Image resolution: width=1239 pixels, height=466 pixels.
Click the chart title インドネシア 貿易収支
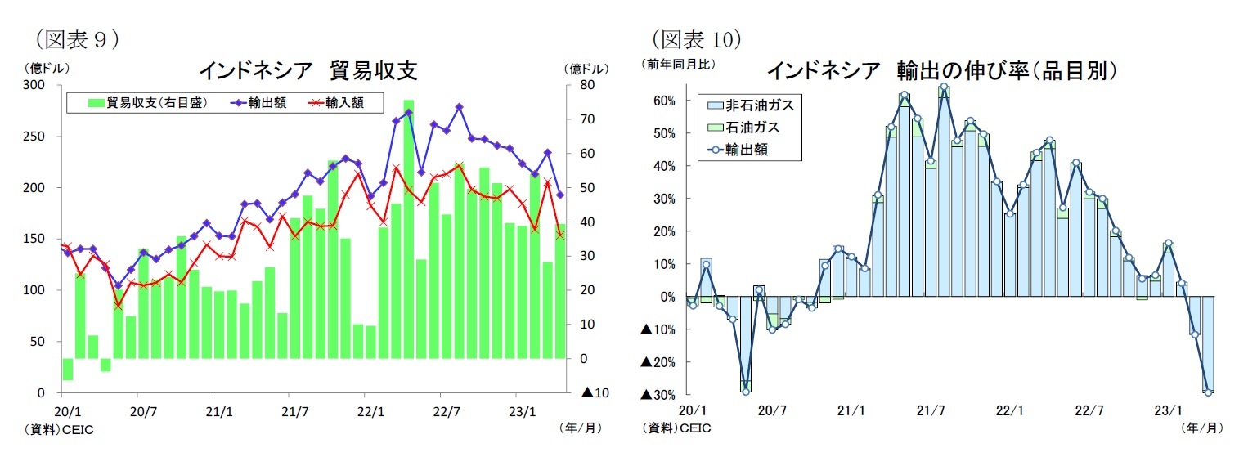(x=308, y=71)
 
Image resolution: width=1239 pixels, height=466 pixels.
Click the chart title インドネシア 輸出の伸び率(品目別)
(x=941, y=70)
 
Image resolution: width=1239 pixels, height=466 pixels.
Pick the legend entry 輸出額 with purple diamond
(x=260, y=102)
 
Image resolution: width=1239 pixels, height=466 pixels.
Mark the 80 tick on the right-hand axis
(x=586, y=85)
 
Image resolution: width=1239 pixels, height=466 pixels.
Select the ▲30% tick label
(x=657, y=395)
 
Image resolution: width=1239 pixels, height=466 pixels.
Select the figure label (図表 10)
(x=696, y=38)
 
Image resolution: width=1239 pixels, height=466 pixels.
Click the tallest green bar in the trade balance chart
(x=408, y=229)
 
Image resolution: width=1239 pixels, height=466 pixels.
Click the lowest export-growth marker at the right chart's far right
(x=1208, y=392)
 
